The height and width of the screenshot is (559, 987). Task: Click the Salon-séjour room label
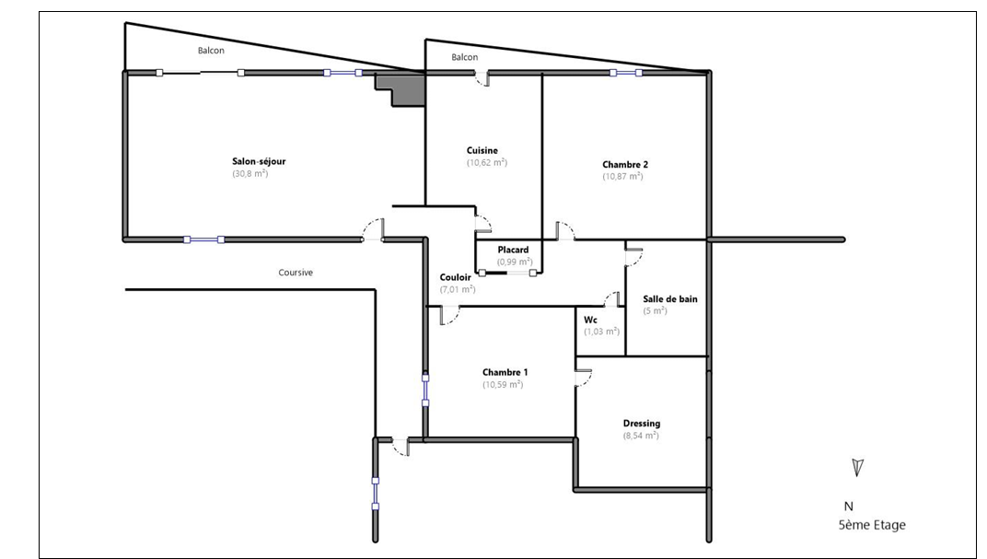click(259, 161)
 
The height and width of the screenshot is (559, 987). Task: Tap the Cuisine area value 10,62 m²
click(487, 162)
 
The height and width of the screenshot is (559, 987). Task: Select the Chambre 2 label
click(625, 165)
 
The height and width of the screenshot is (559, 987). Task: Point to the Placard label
click(513, 250)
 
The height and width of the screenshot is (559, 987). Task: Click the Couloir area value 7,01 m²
click(458, 289)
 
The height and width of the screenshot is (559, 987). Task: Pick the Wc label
click(590, 320)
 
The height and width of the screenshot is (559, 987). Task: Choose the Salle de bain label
click(670, 299)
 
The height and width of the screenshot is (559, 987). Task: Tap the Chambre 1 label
click(505, 372)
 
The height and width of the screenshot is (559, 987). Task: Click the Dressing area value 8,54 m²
click(642, 436)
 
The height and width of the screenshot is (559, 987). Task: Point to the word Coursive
click(296, 273)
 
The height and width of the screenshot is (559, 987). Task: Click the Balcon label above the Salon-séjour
click(211, 51)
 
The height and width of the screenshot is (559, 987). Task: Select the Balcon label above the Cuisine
click(465, 57)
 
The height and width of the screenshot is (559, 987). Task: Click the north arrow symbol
click(856, 467)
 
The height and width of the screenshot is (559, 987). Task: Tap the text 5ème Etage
click(873, 525)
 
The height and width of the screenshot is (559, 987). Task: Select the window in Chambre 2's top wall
click(626, 73)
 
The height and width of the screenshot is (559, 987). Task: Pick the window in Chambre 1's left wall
click(425, 390)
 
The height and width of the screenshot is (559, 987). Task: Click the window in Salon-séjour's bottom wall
click(204, 239)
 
